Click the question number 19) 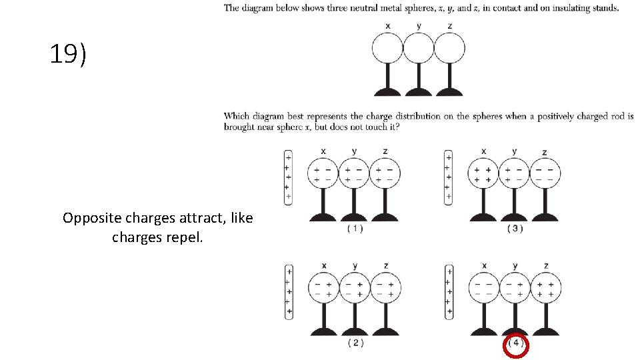point(68,55)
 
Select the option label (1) point(355,229)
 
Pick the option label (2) point(355,343)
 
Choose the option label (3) point(515,229)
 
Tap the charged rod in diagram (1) point(288,177)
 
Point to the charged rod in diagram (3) point(448,177)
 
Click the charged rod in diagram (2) point(289,291)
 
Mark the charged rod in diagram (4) point(449,291)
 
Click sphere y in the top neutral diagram point(419,48)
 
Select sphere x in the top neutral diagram point(387,48)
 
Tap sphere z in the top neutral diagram point(449,48)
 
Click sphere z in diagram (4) point(545,289)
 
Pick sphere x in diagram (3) point(483,174)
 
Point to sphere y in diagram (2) point(355,289)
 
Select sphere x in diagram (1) point(323,174)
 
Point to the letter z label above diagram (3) point(545,153)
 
